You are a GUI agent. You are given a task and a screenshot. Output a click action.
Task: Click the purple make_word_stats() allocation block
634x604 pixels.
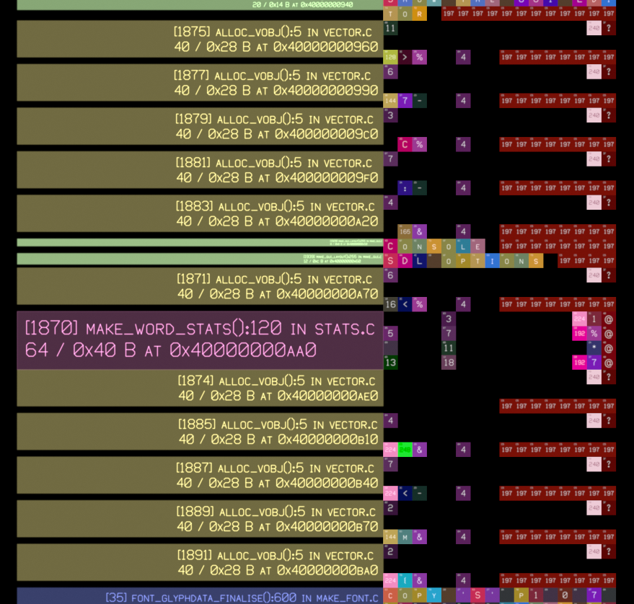click(200, 339)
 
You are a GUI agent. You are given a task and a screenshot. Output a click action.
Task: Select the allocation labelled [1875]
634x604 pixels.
click(200, 39)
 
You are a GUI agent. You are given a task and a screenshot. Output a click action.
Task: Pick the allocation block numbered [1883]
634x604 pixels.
click(200, 213)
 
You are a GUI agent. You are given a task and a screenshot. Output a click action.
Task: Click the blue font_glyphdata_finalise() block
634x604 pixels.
click(200, 597)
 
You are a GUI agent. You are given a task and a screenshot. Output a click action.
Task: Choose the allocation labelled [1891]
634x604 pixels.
click(200, 562)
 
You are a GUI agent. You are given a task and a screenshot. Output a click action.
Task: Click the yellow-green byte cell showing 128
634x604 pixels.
click(390, 57)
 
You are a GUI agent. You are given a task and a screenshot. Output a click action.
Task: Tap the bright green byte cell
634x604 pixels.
click(405, 450)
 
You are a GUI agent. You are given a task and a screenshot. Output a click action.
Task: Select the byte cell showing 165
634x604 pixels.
click(405, 231)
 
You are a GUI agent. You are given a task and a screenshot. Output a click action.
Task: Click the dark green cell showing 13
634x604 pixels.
click(390, 362)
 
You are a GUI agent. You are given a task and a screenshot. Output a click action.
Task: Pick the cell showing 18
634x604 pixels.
click(449, 362)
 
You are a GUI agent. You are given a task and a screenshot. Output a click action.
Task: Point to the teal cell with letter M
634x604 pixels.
click(405, 536)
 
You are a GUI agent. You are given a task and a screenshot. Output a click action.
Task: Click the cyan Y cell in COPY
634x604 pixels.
click(434, 595)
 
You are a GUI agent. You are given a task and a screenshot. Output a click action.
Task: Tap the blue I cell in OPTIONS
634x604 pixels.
click(492, 260)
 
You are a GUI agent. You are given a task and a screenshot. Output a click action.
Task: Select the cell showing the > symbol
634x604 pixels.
click(405, 57)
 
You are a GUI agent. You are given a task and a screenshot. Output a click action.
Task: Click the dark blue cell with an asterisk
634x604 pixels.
click(594, 347)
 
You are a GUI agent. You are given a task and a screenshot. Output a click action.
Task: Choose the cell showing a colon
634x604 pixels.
click(405, 187)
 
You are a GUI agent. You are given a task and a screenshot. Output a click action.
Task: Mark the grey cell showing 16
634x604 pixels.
click(390, 304)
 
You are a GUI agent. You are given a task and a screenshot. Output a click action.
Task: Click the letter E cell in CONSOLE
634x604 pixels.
click(477, 246)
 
